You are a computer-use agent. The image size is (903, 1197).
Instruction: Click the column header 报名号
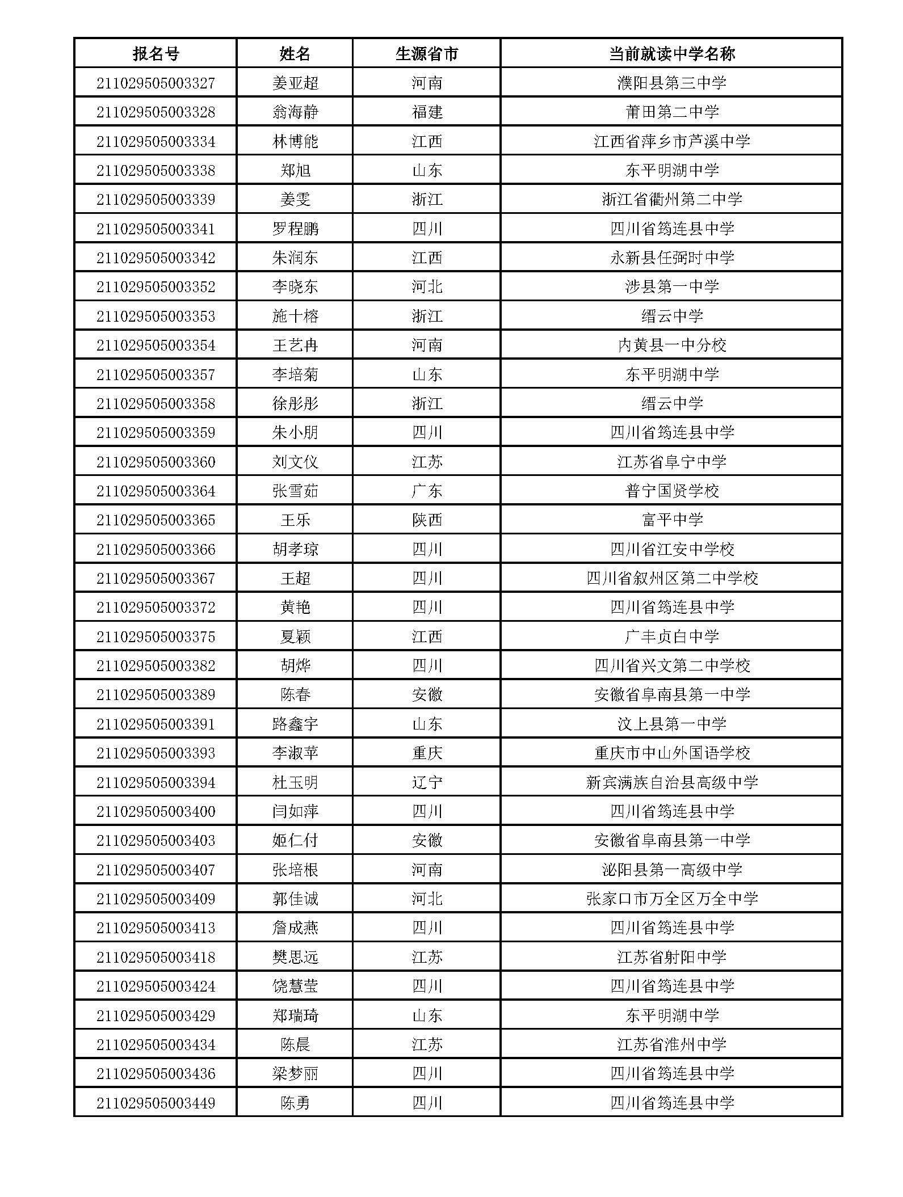tap(156, 54)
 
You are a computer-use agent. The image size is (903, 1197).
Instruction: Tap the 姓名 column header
tap(295, 54)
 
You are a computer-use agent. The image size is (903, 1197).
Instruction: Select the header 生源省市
tap(427, 54)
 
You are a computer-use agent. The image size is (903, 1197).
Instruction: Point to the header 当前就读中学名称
tap(672, 54)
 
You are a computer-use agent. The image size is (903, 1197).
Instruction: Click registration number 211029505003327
tap(156, 83)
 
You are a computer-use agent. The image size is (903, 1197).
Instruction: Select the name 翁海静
tap(295, 112)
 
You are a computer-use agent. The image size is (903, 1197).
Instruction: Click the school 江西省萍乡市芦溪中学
tap(672, 141)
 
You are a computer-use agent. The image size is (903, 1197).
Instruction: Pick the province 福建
tap(427, 112)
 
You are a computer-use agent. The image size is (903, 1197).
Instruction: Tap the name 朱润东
tap(295, 258)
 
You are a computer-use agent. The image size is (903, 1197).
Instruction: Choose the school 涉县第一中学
tap(672, 287)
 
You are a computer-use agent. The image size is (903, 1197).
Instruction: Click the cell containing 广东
tap(427, 491)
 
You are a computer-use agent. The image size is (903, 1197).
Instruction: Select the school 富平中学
tap(672, 520)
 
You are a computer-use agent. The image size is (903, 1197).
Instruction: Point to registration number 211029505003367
tap(156, 578)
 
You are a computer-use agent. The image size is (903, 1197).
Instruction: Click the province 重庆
tap(427, 753)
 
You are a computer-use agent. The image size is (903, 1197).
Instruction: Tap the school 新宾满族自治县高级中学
tap(672, 782)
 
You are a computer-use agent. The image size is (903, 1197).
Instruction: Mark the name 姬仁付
tap(295, 840)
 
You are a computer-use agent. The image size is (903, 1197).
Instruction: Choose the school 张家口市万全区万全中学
tap(672, 899)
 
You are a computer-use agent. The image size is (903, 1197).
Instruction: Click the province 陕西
tap(427, 520)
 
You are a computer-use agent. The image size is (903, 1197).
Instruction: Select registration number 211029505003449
tap(156, 1103)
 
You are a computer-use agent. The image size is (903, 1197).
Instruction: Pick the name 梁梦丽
tap(295, 1073)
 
